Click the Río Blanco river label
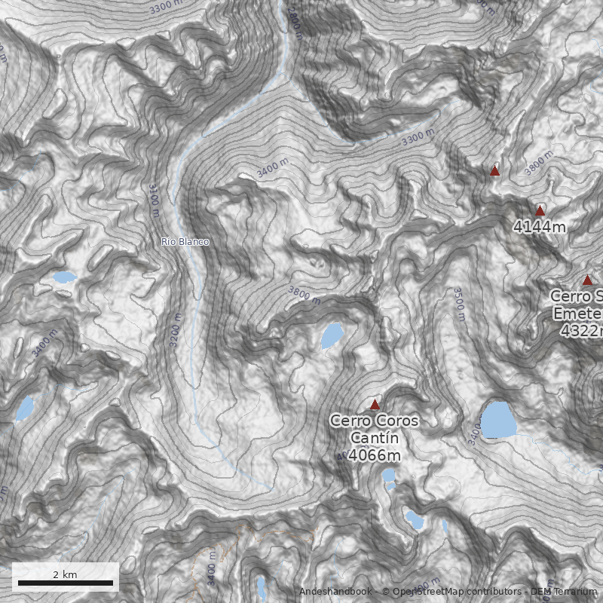coord(185,242)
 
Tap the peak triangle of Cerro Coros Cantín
coord(375,405)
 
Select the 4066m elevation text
coord(374,455)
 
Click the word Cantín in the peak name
coord(374,438)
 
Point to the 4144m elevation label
coord(539,226)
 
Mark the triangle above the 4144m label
coord(540,211)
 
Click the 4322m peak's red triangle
coord(587,280)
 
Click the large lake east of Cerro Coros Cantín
coord(498,420)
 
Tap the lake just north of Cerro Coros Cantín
coord(332,335)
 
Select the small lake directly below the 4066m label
coord(389,476)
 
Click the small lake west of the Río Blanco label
coord(64,277)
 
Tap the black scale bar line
coord(66,583)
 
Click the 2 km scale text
coord(65,574)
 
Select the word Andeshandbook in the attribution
coord(337,592)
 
